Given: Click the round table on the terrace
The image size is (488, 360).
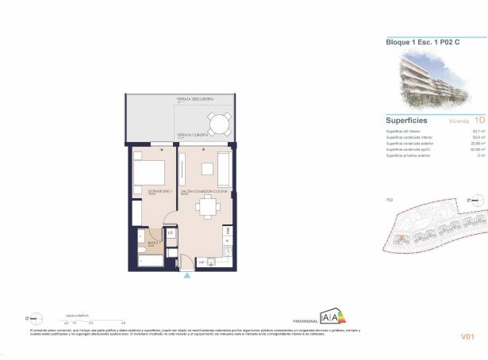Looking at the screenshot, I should click(x=216, y=124).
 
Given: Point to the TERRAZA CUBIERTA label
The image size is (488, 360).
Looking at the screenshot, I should click(x=193, y=136).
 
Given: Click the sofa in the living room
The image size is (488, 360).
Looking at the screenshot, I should click(x=225, y=168).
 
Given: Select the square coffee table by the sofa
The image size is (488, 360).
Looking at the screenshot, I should click(x=207, y=168).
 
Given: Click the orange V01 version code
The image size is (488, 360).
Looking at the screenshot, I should click(x=467, y=337).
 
